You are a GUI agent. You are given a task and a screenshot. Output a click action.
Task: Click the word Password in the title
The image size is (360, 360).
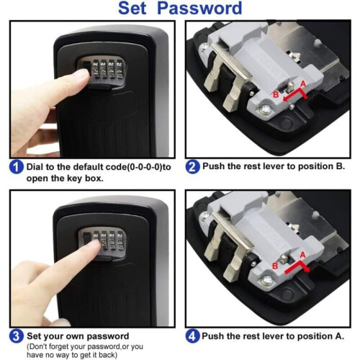click(x=199, y=9)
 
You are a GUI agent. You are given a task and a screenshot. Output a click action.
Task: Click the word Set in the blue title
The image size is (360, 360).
click(x=132, y=9)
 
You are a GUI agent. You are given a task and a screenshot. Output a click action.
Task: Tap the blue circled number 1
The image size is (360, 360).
click(x=17, y=167)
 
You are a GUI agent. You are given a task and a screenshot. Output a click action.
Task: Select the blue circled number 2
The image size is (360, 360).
click(x=192, y=166)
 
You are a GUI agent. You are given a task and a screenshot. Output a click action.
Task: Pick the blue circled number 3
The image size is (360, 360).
click(x=17, y=336)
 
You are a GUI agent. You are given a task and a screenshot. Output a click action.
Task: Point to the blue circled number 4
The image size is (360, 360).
click(x=192, y=336)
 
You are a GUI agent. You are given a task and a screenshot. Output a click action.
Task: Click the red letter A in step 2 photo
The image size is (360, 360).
click(x=303, y=84)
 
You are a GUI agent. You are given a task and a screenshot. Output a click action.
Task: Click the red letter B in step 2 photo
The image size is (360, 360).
click(x=276, y=94)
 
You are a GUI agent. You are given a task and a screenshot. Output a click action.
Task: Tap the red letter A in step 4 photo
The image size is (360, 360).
click(x=302, y=255)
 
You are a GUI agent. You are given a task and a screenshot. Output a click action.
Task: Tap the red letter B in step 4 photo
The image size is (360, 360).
click(x=275, y=266)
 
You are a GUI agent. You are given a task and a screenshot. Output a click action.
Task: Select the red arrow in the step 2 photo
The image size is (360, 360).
click(x=297, y=95)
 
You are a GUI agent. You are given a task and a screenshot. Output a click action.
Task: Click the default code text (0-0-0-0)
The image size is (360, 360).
click(x=144, y=167)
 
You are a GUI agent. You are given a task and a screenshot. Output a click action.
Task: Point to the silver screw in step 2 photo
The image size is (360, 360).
click(x=265, y=111)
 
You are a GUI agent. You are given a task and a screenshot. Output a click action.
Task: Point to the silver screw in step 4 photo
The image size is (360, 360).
click(x=266, y=280)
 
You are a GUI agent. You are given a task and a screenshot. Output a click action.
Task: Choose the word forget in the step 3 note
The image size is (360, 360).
click(x=74, y=346)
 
